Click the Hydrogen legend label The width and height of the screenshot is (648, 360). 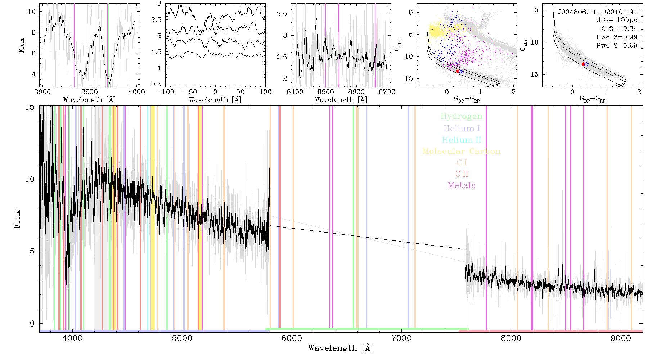pos(461,116)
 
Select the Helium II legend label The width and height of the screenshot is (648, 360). pos(462,140)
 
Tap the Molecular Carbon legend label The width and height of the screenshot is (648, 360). pos(462,151)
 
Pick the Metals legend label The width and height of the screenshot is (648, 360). pos(462,185)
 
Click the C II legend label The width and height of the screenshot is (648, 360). pos(462,174)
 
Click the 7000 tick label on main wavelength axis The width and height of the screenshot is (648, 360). pos(401,338)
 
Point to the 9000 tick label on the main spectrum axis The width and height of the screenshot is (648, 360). pos(621,338)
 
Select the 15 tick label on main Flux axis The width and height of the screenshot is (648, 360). pos(30,107)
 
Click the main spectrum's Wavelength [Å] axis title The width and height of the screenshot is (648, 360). pos(341,348)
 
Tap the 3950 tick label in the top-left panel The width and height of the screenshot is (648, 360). pos(90,91)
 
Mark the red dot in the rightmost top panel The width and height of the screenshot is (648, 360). pos(584,64)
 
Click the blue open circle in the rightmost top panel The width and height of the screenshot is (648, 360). pos(586,64)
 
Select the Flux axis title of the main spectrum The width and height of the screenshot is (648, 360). pos(17,219)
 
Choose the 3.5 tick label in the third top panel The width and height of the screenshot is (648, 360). pos(282,14)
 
